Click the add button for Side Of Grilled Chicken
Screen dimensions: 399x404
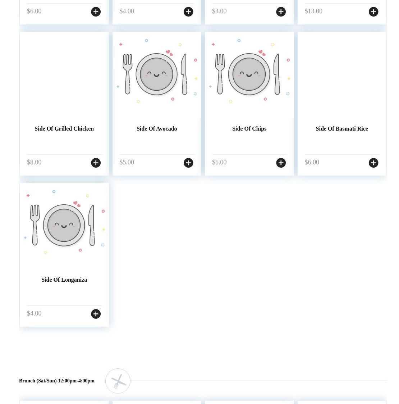point(96,163)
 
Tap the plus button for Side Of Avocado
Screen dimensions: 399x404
point(188,163)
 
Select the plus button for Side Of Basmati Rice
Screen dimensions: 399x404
point(373,163)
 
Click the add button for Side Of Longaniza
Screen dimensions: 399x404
point(96,314)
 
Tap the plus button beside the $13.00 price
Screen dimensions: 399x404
point(373,12)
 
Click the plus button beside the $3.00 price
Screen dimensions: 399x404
point(281,12)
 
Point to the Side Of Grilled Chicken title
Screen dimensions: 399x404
point(64,128)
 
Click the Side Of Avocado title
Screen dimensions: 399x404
point(157,128)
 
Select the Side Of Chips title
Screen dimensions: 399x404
point(249,128)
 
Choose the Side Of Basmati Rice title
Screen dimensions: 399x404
point(342,128)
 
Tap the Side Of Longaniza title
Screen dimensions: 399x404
point(64,280)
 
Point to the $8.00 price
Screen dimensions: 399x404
point(34,162)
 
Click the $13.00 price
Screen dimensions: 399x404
point(313,11)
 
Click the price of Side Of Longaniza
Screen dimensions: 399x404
point(34,313)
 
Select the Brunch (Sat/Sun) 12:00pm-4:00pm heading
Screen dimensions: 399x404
point(57,381)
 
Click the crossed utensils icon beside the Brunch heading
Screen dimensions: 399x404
point(118,381)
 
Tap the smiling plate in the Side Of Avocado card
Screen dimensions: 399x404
point(156,74)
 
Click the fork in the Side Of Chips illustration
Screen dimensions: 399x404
point(220,74)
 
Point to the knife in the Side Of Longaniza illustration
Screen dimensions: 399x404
point(92,225)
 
